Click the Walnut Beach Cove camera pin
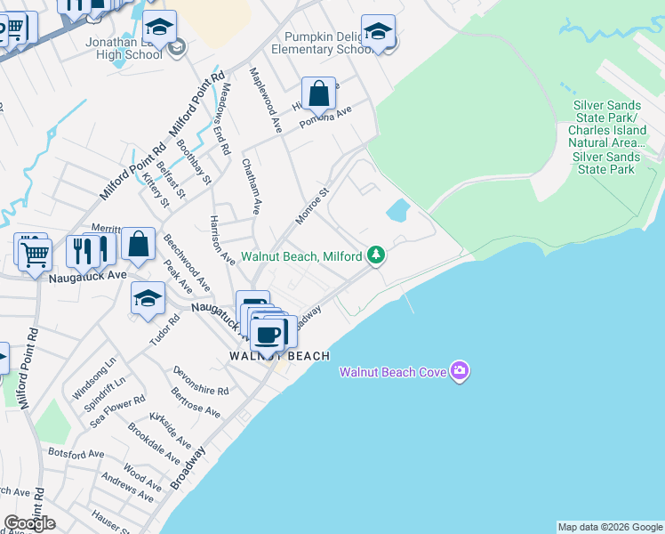tap(459, 370)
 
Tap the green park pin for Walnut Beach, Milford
tap(377, 255)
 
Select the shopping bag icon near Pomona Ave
tap(318, 93)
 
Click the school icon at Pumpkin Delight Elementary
tap(378, 32)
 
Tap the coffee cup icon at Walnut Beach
tap(268, 336)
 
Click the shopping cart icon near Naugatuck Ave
tap(35, 255)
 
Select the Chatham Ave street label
tap(251, 187)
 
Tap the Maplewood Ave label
tap(265, 100)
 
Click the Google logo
tap(29, 523)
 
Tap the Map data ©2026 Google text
tap(610, 527)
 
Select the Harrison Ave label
tap(221, 240)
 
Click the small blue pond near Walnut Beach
tap(397, 211)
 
